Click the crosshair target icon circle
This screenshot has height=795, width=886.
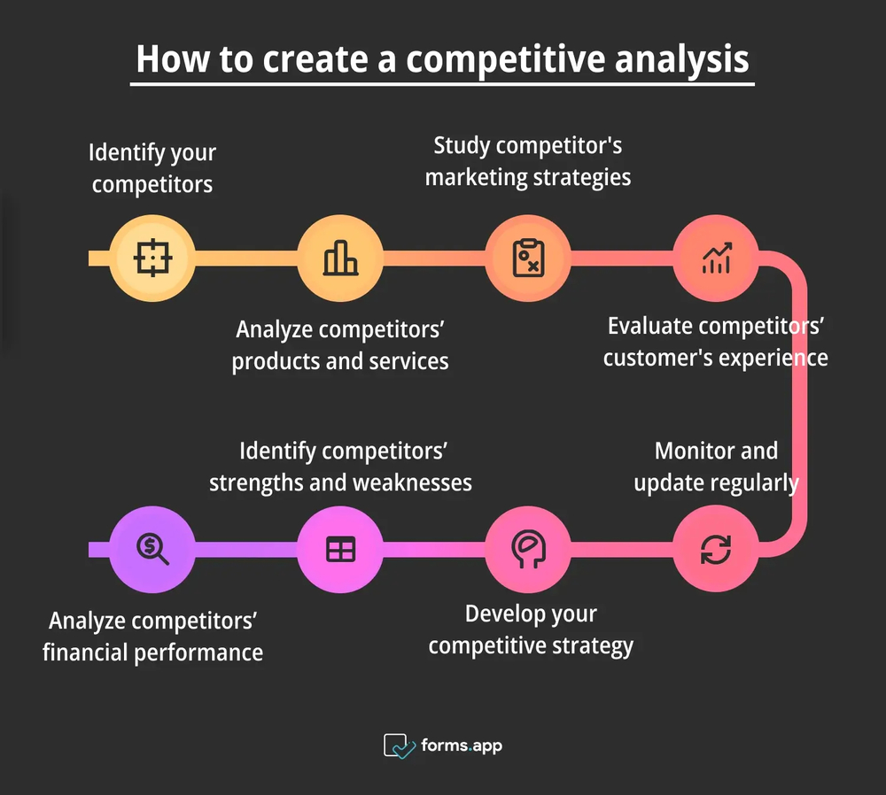[152, 259]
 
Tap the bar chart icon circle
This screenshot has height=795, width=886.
[340, 259]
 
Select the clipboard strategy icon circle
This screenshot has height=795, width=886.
[529, 259]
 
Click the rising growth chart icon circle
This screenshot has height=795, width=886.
[716, 259]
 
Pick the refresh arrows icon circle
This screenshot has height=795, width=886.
[716, 549]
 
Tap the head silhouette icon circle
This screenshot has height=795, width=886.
[529, 549]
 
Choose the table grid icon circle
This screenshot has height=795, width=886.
[340, 549]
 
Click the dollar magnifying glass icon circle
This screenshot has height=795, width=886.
[152, 549]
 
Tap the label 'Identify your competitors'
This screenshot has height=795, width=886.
[152, 168]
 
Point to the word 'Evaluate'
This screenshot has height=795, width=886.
[649, 326]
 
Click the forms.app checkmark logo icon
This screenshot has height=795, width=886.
[399, 745]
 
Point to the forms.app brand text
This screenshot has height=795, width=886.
[461, 745]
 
